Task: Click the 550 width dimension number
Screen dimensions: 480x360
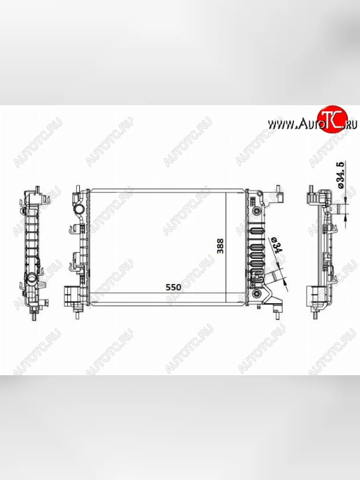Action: click(174, 287)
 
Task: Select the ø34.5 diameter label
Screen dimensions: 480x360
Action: click(341, 175)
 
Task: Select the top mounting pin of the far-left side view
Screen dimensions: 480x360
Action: click(37, 189)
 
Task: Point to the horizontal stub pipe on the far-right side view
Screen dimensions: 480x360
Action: click(341, 209)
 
